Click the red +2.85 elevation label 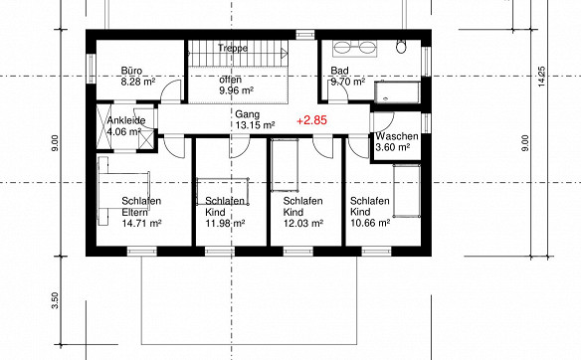[x=312, y=120]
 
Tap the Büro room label [x=131, y=71]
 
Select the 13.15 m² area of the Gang [x=255, y=125]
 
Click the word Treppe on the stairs [x=233, y=48]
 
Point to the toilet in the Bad [x=401, y=47]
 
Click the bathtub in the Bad [x=397, y=92]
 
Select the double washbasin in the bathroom [x=354, y=49]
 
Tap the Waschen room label [x=397, y=136]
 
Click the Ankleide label [x=126, y=120]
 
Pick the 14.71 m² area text [x=141, y=223]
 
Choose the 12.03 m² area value [x=303, y=223]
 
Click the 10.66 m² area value [x=370, y=223]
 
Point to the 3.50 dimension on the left [x=55, y=300]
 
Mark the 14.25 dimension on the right [x=541, y=77]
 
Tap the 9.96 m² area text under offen [x=237, y=90]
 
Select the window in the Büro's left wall [x=92, y=69]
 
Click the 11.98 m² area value [x=225, y=223]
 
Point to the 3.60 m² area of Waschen [x=392, y=147]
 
